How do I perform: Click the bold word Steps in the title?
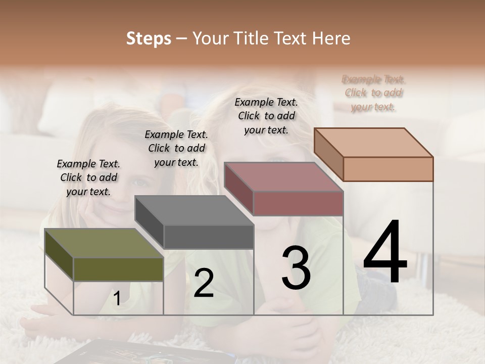pos(149,38)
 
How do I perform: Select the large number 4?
pos(385,253)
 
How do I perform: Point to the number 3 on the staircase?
pos(296,268)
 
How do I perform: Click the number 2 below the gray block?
pos(204,283)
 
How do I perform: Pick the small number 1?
pos(117,299)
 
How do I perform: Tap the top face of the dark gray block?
pos(194,210)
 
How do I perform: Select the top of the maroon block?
pos(283,177)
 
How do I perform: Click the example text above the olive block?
pos(88,177)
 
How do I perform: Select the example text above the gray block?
pos(176,148)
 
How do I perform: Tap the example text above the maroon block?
pos(266,116)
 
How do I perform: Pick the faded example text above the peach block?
pos(373,93)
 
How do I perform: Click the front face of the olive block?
pos(118,269)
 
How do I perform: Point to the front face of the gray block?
pos(209,237)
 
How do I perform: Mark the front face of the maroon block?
pos(298,204)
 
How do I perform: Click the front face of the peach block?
pos(388,169)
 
